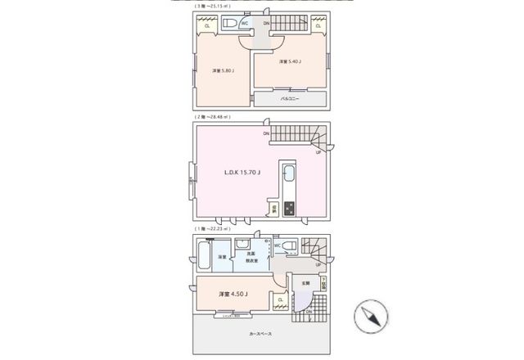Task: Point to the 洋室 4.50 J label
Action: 233,294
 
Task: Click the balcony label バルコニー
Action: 289,98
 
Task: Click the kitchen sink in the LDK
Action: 288,174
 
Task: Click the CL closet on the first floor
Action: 280,300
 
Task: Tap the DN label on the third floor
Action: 265,23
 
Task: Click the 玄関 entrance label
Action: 305,282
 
